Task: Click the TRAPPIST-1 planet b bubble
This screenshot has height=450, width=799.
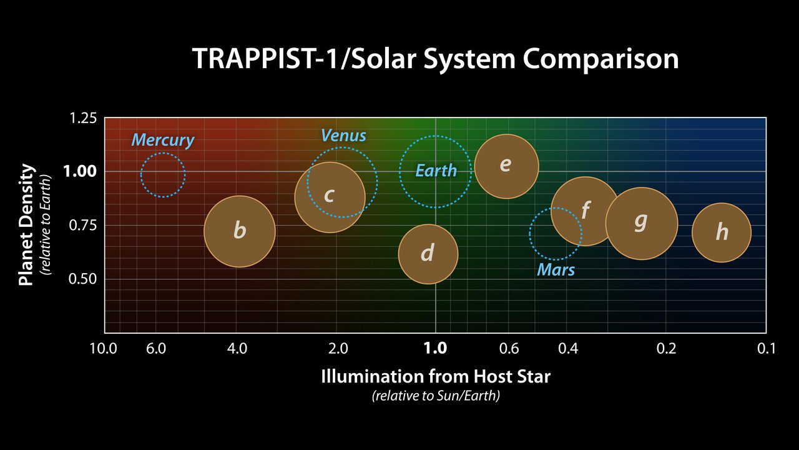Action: click(x=240, y=231)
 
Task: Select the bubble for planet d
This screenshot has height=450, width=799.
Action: click(x=428, y=254)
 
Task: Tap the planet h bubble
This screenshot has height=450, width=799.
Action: click(x=722, y=232)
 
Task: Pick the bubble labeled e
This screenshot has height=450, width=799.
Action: click(x=506, y=166)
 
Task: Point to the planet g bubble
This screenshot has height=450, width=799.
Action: click(x=641, y=223)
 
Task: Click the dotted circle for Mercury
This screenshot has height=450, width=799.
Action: click(x=163, y=175)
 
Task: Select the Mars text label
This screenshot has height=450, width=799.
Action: click(x=556, y=270)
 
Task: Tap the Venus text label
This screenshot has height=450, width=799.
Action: click(x=343, y=135)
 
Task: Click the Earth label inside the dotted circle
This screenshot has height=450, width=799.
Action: click(x=436, y=171)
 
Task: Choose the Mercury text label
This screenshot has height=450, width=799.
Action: click(x=163, y=140)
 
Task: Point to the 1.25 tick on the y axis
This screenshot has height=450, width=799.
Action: click(x=84, y=118)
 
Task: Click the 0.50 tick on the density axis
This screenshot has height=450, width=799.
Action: click(x=84, y=279)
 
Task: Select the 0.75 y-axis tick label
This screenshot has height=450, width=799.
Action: click(x=84, y=225)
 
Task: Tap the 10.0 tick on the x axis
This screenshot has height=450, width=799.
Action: click(x=104, y=348)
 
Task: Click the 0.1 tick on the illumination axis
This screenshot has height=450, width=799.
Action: click(x=766, y=348)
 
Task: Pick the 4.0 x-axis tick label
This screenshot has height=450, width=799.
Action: click(x=237, y=348)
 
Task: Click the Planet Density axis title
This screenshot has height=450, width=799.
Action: click(x=26, y=225)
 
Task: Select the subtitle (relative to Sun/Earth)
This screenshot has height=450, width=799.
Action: click(x=436, y=396)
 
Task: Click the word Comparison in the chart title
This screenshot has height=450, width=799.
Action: click(x=600, y=59)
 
